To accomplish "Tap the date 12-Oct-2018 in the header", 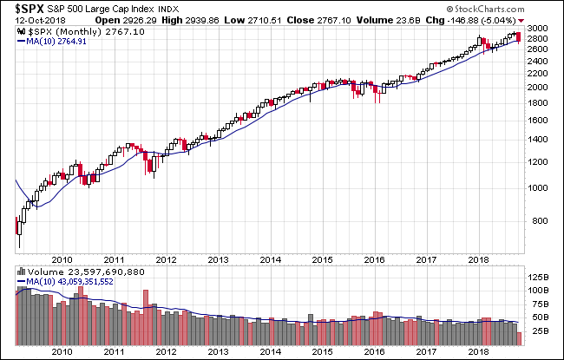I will point(31,20).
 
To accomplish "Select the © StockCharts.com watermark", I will point(517,10).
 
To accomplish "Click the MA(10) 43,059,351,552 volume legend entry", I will point(74,283).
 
